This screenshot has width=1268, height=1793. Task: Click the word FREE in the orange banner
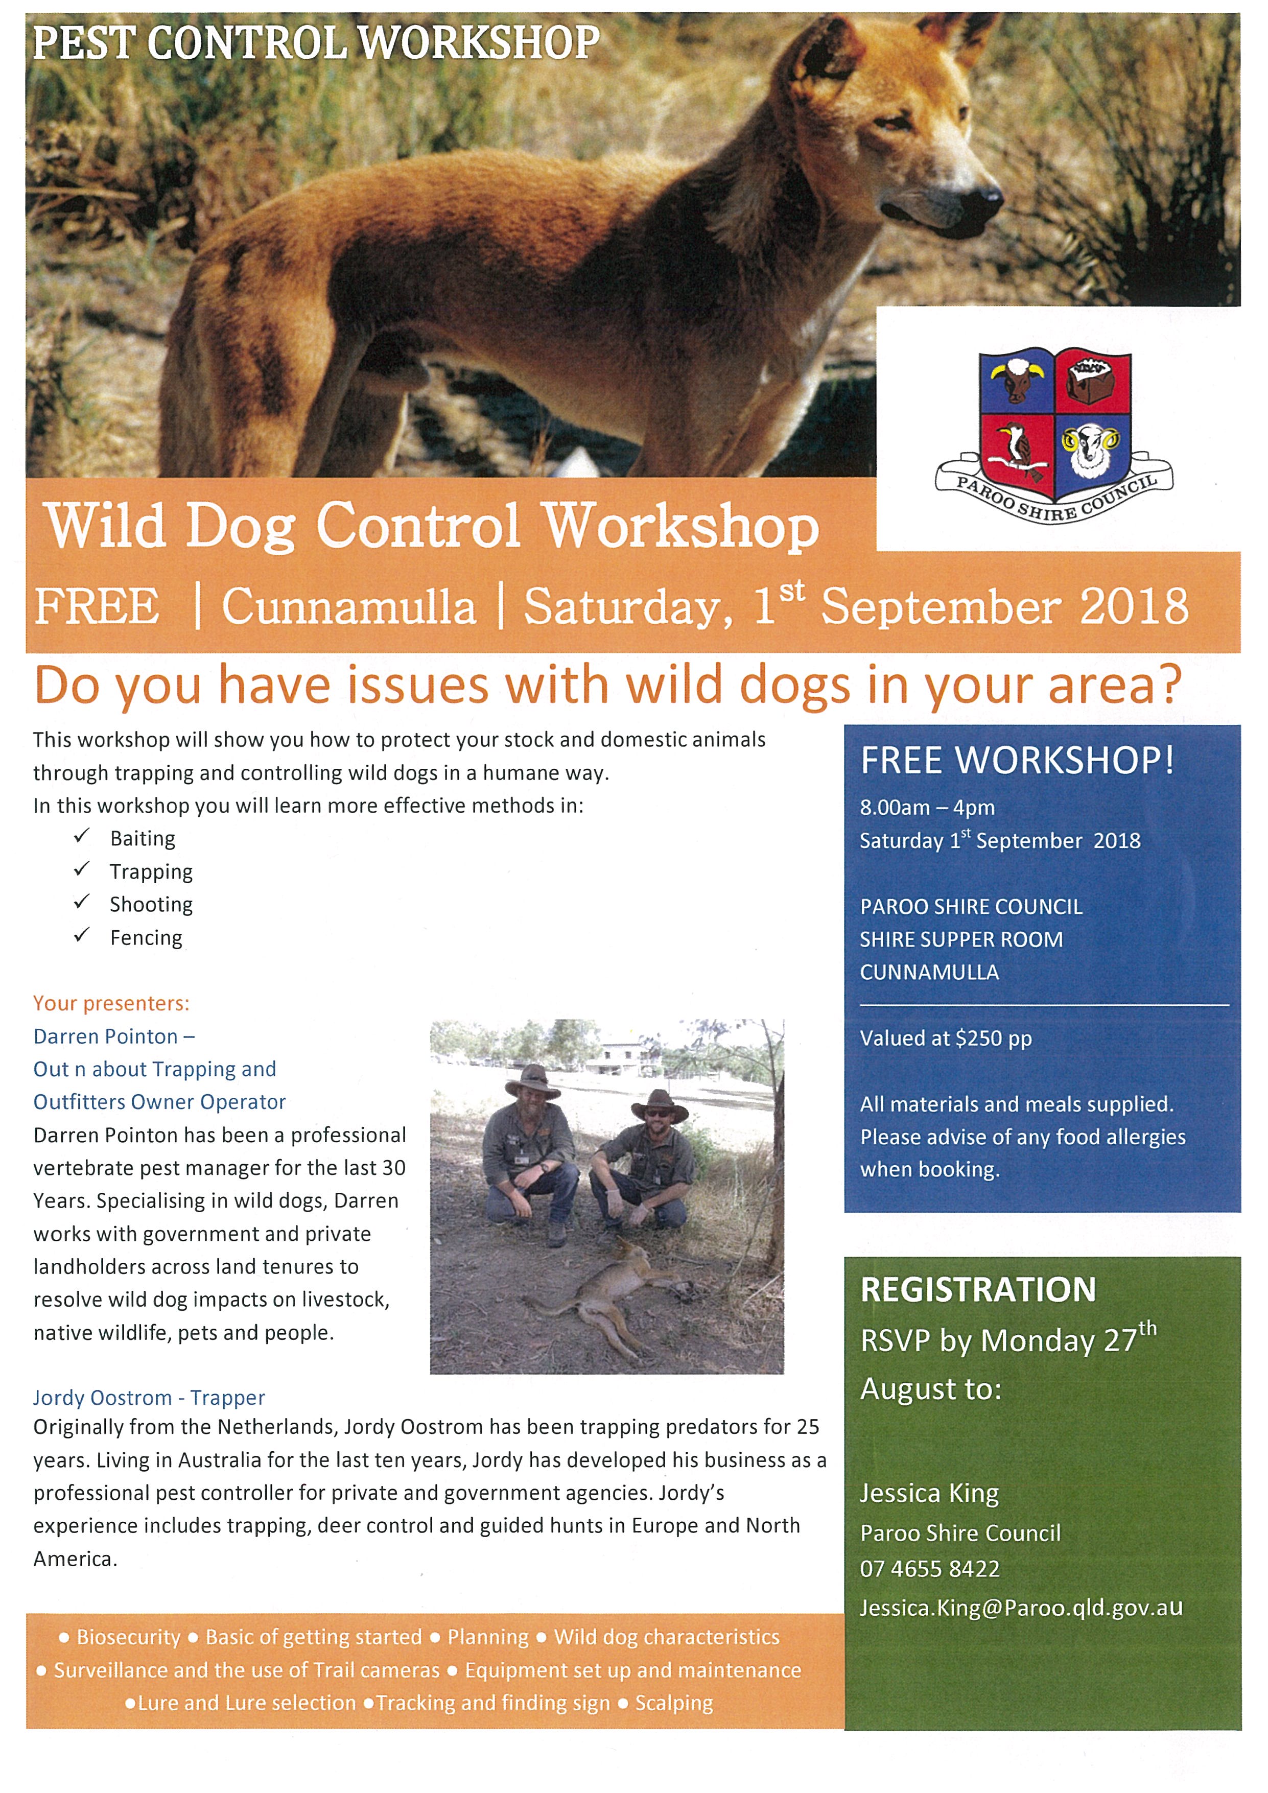(x=97, y=607)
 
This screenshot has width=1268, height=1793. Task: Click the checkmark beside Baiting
(x=82, y=836)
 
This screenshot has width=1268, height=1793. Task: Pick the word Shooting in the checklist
(x=151, y=904)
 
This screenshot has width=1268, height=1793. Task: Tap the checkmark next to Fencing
(x=82, y=935)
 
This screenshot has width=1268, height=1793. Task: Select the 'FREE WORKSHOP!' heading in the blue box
(x=1017, y=761)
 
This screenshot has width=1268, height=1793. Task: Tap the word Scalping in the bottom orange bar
(x=674, y=1703)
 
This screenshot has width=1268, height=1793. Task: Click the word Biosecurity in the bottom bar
(x=129, y=1637)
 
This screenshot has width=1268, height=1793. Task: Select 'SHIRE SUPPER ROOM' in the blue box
(x=961, y=939)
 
